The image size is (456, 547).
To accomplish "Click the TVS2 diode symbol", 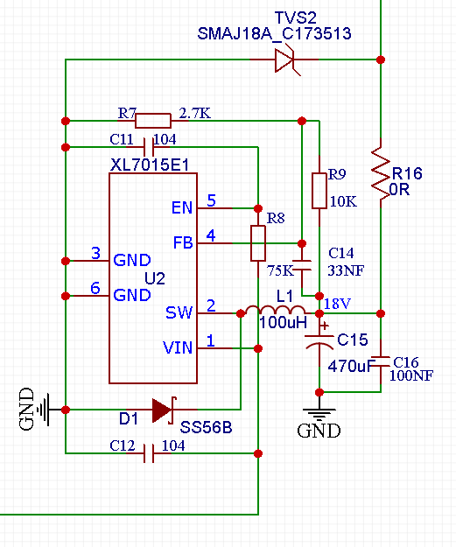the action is click(287, 60).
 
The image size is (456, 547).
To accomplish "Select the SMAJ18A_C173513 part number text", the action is click(274, 34).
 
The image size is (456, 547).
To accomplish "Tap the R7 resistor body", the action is click(153, 121).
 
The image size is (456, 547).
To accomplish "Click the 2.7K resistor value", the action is click(194, 114).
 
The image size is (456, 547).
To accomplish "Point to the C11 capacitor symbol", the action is click(149, 147).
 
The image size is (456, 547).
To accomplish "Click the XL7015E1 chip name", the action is click(150, 165).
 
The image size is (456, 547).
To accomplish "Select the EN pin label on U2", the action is click(182, 208).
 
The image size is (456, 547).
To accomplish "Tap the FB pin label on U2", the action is click(183, 242).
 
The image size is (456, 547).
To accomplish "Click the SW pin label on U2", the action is click(179, 312).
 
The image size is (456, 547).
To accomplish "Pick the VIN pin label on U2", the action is click(178, 347).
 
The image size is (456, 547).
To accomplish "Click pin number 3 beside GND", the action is click(96, 253).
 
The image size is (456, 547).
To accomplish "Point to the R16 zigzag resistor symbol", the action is click(381, 173).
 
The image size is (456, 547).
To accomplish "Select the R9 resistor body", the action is click(319, 191).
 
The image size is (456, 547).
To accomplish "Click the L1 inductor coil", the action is click(276, 310).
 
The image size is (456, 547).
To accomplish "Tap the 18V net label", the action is click(337, 304).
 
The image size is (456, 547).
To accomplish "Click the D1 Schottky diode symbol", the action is click(165, 410).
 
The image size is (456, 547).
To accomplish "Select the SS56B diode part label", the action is click(206, 427).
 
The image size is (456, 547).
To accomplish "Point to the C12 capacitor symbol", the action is click(149, 453).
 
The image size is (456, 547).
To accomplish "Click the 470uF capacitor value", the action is click(352, 367).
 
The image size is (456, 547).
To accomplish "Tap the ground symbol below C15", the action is click(319, 414).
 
